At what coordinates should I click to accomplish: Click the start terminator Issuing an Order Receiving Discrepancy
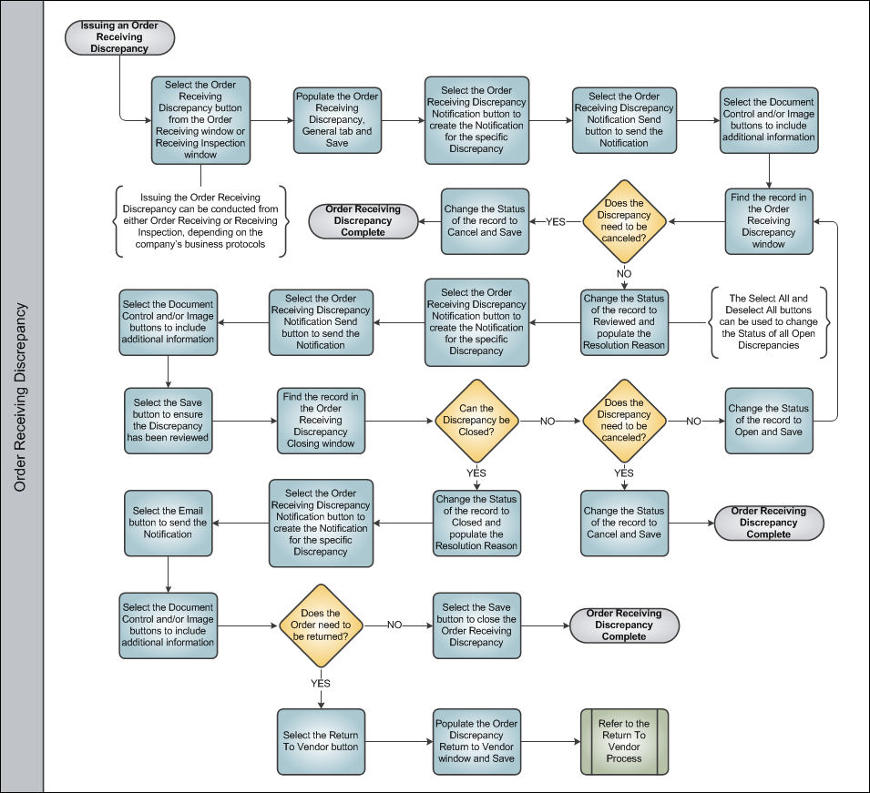119,37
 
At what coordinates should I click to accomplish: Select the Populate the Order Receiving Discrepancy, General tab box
337,120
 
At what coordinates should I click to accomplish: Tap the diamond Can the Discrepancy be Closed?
476,421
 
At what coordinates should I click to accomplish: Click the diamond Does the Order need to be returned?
321,625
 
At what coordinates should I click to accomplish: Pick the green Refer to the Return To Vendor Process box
624,741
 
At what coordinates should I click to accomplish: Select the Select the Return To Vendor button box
321,741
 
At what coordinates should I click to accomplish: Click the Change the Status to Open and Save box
769,421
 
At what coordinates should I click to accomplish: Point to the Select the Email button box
169,523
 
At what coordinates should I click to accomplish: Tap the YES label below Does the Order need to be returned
321,683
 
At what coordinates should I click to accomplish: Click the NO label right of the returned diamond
394,625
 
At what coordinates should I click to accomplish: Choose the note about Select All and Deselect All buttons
769,321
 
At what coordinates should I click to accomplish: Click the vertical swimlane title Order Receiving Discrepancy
21,397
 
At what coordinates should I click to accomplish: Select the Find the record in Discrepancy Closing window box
321,421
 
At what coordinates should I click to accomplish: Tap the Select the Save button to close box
476,625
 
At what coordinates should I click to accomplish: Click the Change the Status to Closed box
476,523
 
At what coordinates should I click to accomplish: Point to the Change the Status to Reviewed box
624,321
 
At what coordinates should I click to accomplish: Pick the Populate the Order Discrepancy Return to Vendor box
476,741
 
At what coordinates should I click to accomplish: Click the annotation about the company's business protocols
200,220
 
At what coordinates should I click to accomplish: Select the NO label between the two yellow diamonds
548,421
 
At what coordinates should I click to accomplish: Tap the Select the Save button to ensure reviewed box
169,421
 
